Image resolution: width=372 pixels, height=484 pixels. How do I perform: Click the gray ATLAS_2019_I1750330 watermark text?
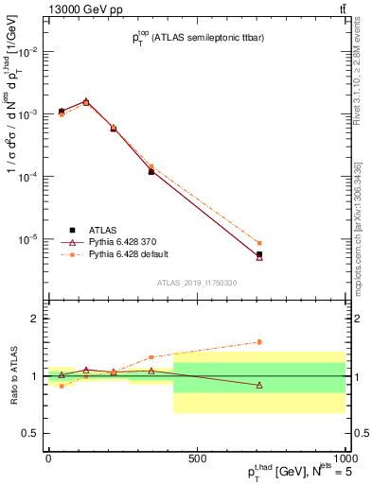[x=196, y=282]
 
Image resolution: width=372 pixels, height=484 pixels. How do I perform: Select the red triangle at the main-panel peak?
[x=86, y=100]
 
